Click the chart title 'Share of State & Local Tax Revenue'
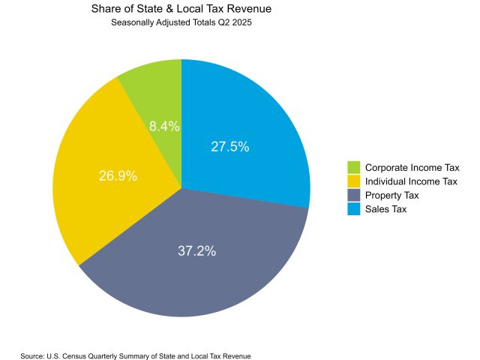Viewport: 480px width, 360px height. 181,10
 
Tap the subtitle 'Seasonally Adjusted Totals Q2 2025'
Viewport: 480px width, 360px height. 181,23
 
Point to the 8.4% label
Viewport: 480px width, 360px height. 164,127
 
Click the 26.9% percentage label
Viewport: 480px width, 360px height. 118,176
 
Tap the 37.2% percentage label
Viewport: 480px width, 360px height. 196,251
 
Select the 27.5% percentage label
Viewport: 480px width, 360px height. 229,147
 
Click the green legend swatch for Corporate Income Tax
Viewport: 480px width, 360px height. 353,167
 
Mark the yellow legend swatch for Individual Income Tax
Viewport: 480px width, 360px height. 353,181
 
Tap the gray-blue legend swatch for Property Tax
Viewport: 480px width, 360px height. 353,195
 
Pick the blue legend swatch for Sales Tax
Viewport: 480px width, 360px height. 353,209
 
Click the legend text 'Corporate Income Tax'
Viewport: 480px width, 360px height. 412,167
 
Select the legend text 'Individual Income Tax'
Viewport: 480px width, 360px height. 411,181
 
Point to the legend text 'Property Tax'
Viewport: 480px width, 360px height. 392,195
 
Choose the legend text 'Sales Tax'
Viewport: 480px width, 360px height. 385,209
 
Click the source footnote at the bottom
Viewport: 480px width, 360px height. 136,355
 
